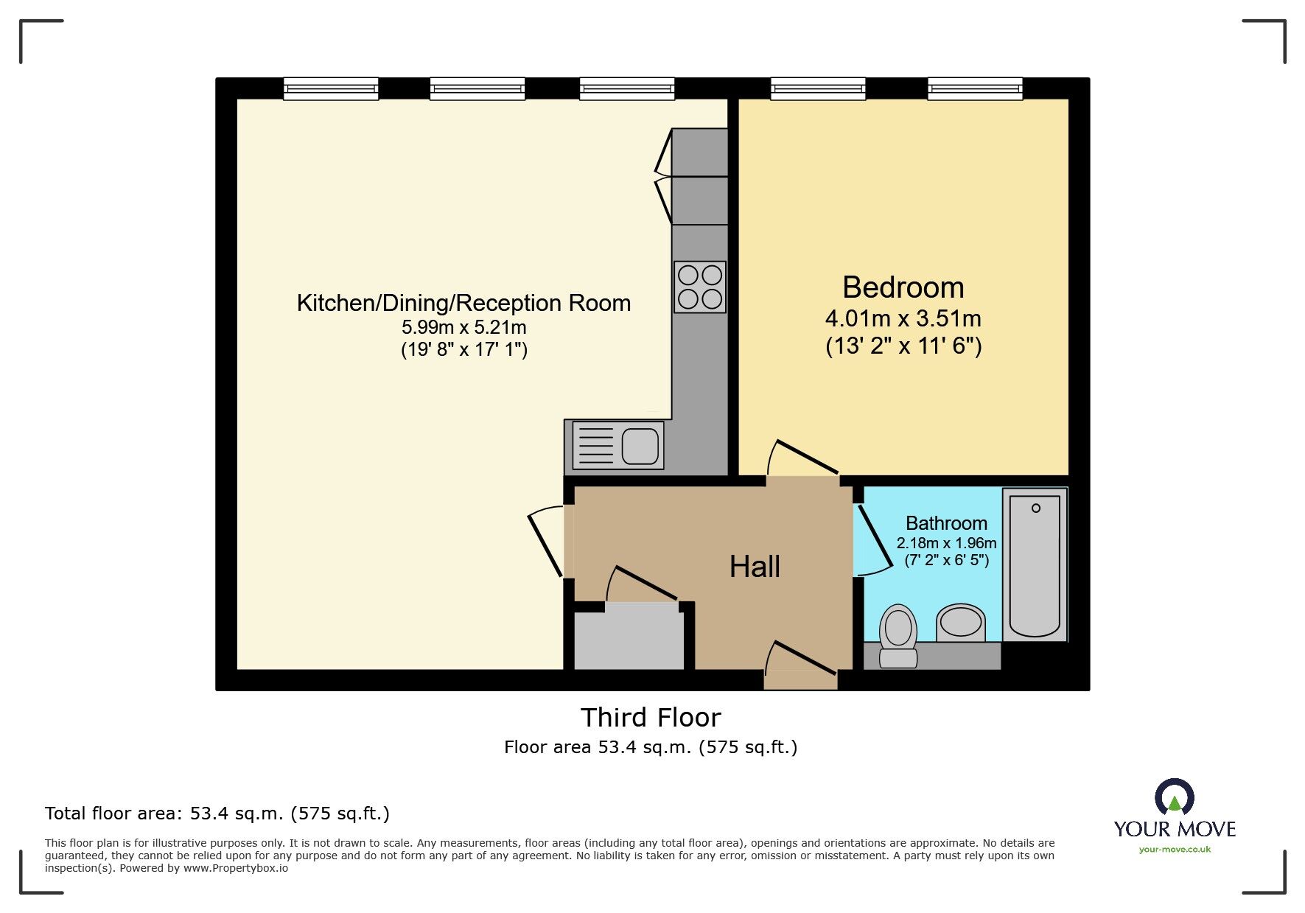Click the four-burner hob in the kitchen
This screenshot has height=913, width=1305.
pyautogui.click(x=699, y=287)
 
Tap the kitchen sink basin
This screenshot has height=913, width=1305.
pyautogui.click(x=640, y=446)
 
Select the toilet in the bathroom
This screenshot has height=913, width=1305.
pyautogui.click(x=898, y=634)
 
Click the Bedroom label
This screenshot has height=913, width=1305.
pyautogui.click(x=903, y=287)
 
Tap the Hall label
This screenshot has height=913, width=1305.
pyautogui.click(x=755, y=567)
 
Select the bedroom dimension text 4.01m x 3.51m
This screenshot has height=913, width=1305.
pyautogui.click(x=903, y=319)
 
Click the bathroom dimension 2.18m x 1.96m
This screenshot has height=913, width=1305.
pyautogui.click(x=946, y=543)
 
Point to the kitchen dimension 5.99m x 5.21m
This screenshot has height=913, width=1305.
pyautogui.click(x=463, y=327)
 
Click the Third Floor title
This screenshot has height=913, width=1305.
pyautogui.click(x=651, y=717)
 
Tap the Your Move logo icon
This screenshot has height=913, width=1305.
pyautogui.click(x=1174, y=798)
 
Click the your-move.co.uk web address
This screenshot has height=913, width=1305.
pyautogui.click(x=1175, y=850)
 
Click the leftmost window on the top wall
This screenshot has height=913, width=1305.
pyautogui.click(x=331, y=89)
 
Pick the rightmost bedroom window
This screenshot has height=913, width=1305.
pyautogui.click(x=975, y=89)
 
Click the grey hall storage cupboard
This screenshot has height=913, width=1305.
pyautogui.click(x=629, y=636)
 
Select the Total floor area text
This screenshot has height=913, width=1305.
pyautogui.click(x=217, y=814)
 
